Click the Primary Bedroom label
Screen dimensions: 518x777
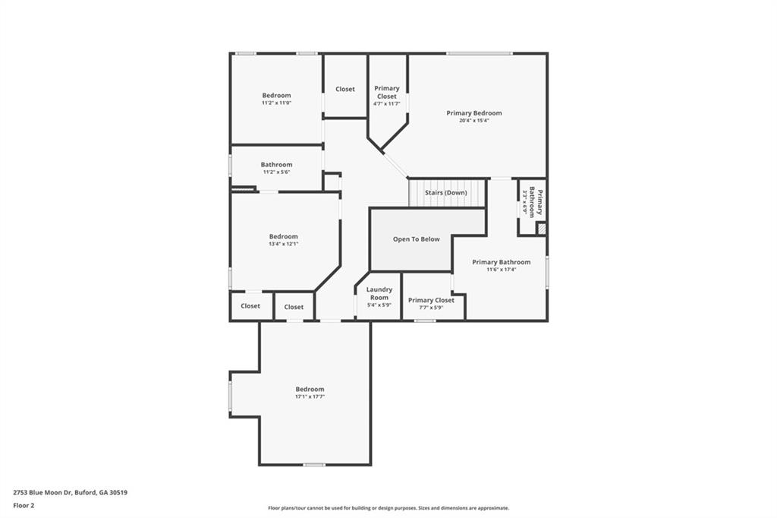[x=473, y=113]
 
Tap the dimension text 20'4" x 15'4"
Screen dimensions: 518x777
[x=473, y=120]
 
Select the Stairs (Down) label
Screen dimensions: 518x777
[x=445, y=193]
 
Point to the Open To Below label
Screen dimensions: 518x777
[x=416, y=239]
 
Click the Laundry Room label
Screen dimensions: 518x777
[x=379, y=293]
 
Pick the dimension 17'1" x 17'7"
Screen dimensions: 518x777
[x=310, y=396]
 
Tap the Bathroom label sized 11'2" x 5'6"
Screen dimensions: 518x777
[x=276, y=165]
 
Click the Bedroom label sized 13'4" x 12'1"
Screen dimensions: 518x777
[x=283, y=236]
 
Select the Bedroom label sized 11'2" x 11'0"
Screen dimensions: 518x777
[x=276, y=96]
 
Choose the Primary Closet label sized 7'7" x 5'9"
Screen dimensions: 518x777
[x=431, y=300]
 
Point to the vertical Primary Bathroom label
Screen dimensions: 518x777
[x=534, y=201]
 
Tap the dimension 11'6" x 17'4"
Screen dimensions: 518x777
[x=501, y=269]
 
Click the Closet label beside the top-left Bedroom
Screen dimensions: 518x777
[x=344, y=89]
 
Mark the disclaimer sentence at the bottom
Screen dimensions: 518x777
[x=388, y=508]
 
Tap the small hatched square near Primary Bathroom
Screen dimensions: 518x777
[x=541, y=228]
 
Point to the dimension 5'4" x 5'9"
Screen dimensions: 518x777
[x=379, y=305]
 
